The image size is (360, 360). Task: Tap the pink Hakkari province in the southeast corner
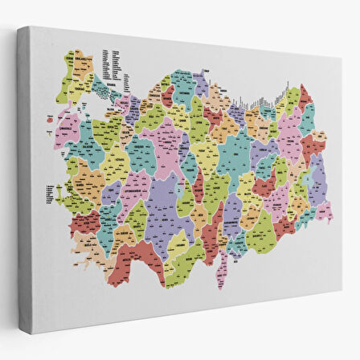coord(323,211)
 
